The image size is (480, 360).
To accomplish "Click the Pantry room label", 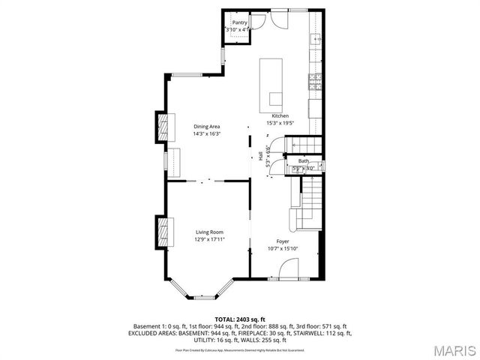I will click(x=239, y=22).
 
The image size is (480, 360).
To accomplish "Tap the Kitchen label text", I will click(x=280, y=116).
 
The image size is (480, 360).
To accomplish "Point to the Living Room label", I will click(x=210, y=232).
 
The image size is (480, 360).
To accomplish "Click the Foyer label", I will click(x=282, y=241).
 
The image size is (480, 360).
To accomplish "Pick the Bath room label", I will click(x=304, y=160).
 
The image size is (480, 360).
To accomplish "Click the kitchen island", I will click(x=271, y=83).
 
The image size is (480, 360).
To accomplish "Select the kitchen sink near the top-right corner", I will click(x=316, y=39).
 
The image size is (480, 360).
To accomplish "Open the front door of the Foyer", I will click(x=289, y=270).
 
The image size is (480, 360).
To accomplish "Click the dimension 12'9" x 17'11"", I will click(x=210, y=239).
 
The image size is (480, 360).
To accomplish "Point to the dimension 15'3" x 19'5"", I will click(x=280, y=123).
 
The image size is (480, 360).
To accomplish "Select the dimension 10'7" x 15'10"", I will click(x=283, y=248).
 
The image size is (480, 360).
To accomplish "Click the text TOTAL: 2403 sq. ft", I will click(x=240, y=319).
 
